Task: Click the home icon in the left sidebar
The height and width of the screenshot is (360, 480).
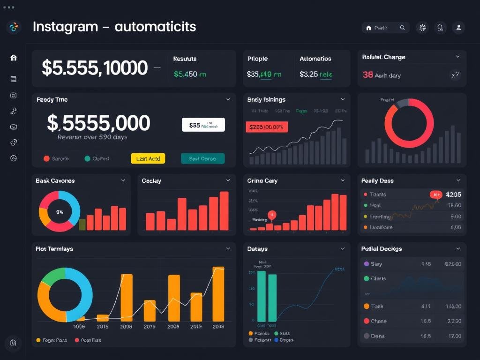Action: pos(14,58)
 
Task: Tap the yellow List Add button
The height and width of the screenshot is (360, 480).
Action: pos(148,158)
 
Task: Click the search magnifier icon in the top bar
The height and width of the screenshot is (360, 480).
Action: pos(402,28)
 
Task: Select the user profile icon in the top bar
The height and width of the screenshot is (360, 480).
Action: pos(458,28)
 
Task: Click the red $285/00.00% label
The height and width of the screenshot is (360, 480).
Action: pos(267,127)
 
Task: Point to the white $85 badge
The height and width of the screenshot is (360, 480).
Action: pos(203,125)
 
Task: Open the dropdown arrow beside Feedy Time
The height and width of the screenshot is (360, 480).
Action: pos(228,99)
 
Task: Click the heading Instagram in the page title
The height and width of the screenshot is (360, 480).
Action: pos(65,27)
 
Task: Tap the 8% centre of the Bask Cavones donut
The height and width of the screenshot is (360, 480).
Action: pos(60,211)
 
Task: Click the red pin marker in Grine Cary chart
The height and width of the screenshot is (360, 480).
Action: pos(271,215)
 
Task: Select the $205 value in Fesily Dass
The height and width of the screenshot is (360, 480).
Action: pos(453,194)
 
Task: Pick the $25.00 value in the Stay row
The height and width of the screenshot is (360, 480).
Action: pos(453,264)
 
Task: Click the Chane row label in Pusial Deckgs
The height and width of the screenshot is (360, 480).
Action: pos(379,321)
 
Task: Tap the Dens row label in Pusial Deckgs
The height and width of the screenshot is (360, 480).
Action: pos(377,336)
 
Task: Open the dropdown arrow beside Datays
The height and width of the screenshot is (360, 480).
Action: pos(343,249)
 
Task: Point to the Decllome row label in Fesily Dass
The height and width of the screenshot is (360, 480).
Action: pos(381,227)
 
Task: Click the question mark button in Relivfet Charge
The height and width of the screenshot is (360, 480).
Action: pos(455,75)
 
